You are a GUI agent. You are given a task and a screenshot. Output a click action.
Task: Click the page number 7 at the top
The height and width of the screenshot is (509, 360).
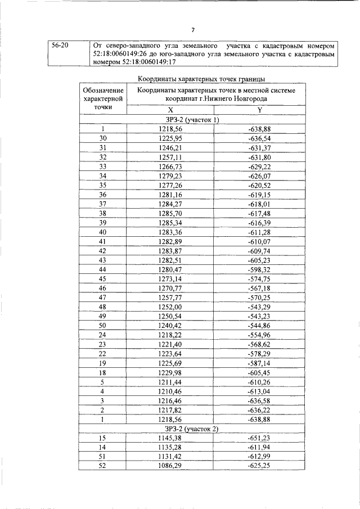tap(192, 30)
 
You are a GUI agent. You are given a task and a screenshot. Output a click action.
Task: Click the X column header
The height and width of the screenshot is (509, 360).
tap(170, 110)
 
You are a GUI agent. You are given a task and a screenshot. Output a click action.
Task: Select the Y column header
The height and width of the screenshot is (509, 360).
tap(259, 110)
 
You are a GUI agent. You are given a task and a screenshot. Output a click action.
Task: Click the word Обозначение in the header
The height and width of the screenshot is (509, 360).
tap(103, 91)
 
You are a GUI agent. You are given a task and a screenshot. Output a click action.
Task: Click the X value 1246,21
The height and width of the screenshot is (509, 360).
tap(171, 148)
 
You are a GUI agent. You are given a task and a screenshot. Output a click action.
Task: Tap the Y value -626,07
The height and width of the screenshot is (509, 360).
tap(259, 175)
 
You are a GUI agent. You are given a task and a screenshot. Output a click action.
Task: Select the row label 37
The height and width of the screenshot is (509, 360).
tap(103, 204)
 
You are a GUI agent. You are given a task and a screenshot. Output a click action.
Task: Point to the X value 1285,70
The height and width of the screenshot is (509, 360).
tap(171, 213)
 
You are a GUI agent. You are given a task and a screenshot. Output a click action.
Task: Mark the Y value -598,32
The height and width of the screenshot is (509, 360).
tap(259, 269)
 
